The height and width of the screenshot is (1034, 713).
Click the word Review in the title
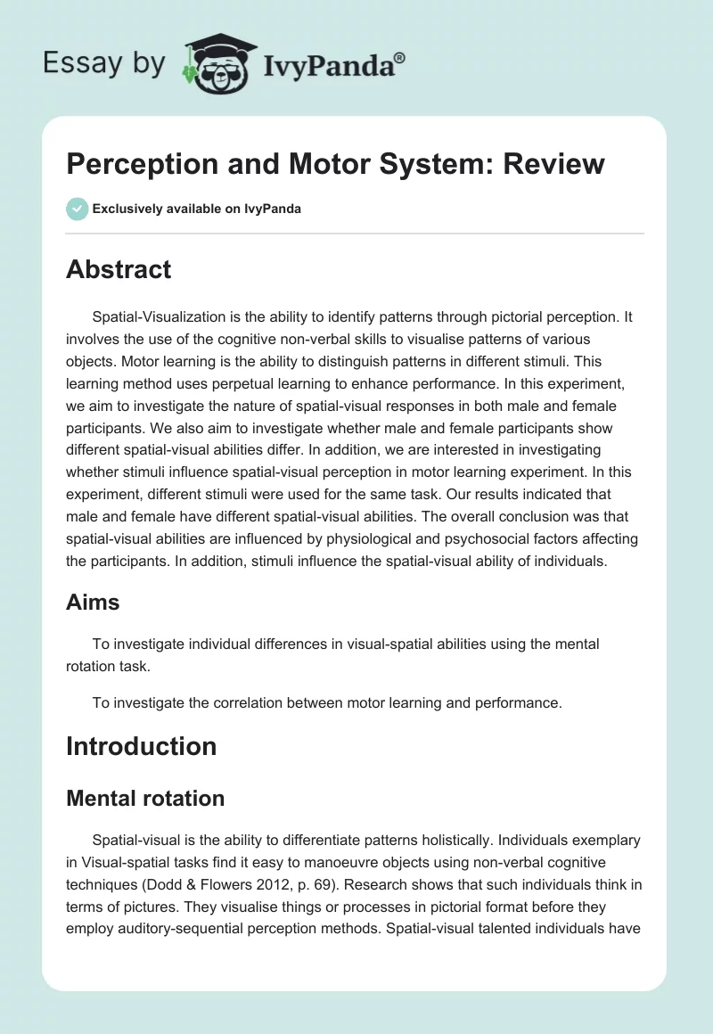tap(555, 164)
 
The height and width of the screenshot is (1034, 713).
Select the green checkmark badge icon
tap(77, 209)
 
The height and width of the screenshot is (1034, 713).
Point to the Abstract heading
tap(119, 269)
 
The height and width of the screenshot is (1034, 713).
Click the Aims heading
tap(93, 603)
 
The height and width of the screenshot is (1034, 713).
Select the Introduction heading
tap(141, 745)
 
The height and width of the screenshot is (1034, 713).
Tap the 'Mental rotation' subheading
tap(145, 798)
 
